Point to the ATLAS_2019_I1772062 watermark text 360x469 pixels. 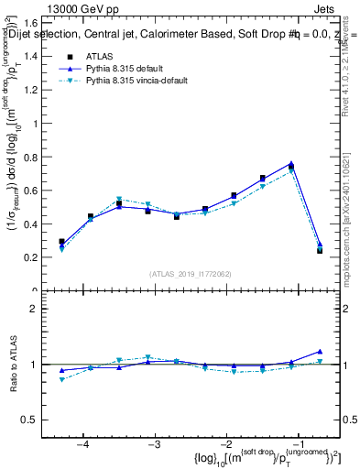point(190,273)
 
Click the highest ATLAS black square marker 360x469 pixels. point(290,167)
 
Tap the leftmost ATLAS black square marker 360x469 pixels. point(61,242)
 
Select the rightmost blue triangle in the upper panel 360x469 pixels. point(319,245)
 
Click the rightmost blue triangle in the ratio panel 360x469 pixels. point(319,351)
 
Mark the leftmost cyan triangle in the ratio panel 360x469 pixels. point(61,379)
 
